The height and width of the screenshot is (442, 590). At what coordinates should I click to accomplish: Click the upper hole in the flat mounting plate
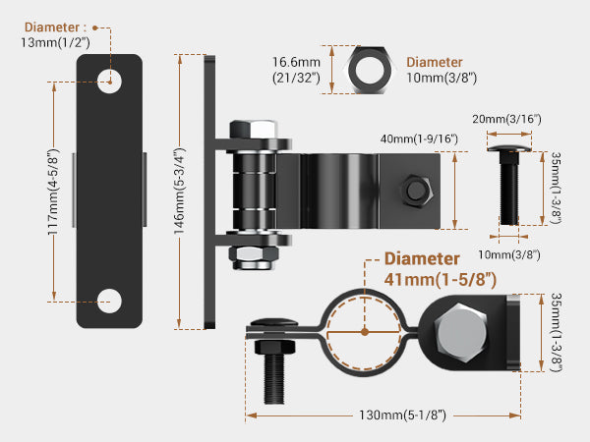click(109, 82)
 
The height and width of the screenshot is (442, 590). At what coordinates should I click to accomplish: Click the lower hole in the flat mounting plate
click(109, 302)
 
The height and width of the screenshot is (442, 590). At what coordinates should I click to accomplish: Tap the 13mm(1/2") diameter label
click(55, 42)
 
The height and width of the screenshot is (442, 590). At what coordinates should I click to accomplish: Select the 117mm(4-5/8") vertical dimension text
click(53, 193)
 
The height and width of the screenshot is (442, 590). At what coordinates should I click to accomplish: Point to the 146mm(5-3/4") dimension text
click(180, 191)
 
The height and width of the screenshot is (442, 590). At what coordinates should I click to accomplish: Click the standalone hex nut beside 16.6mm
click(370, 70)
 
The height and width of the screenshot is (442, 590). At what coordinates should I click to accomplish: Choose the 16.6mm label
click(297, 62)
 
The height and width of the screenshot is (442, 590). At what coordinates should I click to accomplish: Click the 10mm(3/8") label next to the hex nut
click(442, 78)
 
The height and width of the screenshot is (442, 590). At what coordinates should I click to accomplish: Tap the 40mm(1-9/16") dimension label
click(419, 138)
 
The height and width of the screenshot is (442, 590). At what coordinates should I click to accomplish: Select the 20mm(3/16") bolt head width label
click(506, 119)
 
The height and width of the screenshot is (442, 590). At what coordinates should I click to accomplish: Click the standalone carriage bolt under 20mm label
click(509, 185)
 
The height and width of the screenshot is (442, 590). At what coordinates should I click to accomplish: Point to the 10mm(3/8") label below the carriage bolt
click(509, 254)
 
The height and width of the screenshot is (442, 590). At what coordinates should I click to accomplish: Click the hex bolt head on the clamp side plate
click(416, 191)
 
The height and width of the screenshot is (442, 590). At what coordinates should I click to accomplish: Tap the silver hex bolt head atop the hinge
click(254, 129)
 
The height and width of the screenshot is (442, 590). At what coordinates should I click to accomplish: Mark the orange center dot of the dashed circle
click(364, 332)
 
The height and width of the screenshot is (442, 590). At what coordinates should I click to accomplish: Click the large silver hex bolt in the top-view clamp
click(460, 333)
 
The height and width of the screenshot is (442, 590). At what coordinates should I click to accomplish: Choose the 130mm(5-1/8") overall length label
click(402, 414)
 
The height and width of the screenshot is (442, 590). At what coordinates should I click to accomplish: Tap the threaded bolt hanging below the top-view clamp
click(274, 371)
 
